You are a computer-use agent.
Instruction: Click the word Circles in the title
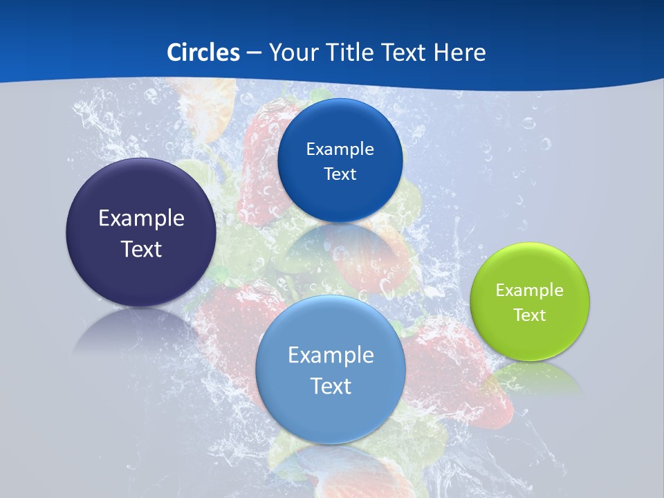click(203, 53)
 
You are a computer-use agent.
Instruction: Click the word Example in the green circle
click(529, 290)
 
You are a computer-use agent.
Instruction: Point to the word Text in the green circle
click(530, 315)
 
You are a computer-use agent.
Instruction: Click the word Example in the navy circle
click(141, 219)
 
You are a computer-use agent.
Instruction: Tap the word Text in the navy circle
click(141, 250)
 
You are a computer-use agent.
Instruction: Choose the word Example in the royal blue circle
click(340, 149)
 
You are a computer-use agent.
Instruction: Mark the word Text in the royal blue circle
click(340, 174)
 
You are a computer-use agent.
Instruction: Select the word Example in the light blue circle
click(331, 356)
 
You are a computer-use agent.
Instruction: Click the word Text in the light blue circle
click(331, 387)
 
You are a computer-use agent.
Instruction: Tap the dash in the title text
click(253, 53)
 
